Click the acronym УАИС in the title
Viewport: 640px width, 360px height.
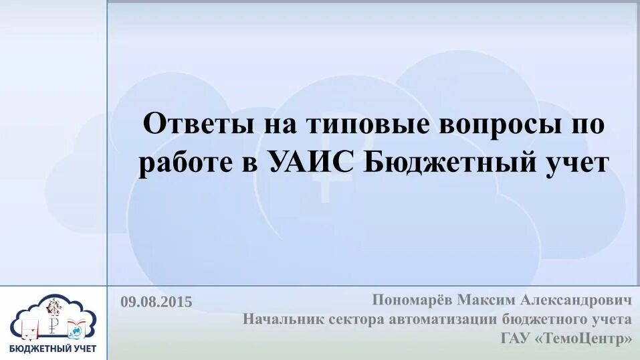point(312,163)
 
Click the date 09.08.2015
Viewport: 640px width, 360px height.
point(156,302)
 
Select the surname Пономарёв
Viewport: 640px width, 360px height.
point(412,300)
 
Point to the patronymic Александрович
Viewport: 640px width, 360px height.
point(580,300)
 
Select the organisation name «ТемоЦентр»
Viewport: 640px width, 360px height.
point(584,339)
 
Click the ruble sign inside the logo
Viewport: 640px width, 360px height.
point(55,327)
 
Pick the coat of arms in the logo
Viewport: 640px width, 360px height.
point(53,308)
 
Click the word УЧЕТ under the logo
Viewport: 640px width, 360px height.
point(81,349)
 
